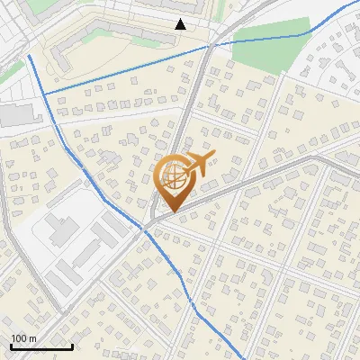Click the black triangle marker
point(181,24)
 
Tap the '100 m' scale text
point(23,338)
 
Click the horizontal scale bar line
point(41,346)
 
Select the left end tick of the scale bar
point(11,345)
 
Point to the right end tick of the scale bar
point(72,345)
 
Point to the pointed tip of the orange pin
point(170,212)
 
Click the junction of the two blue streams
point(44,92)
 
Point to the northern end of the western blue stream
point(29,56)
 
